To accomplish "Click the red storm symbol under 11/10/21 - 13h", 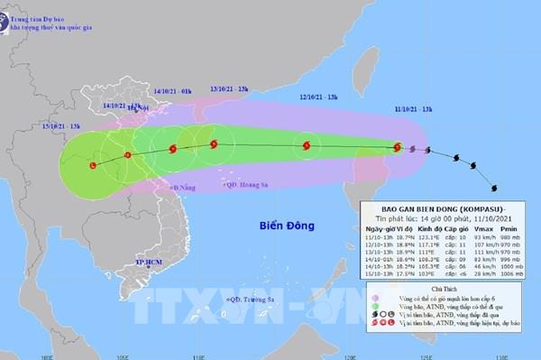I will (398, 148).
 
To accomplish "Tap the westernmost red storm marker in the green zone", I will (94, 164).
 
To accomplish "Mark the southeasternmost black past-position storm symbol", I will (493, 189).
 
